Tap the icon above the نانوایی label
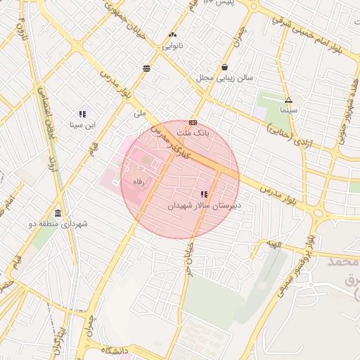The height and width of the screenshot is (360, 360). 173,34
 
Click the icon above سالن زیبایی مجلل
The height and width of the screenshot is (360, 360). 224,67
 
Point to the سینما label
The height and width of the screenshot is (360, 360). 288,111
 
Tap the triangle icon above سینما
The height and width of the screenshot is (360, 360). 288,100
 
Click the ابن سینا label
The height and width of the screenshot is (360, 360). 82,125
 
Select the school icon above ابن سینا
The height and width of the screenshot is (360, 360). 82,113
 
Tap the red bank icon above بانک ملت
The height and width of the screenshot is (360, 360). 193,122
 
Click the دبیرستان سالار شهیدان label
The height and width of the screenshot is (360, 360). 204,206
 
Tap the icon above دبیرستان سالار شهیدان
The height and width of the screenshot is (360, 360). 204,194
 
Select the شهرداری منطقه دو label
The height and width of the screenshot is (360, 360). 63,224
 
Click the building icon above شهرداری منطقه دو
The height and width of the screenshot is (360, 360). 58,213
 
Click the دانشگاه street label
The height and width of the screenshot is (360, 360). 117,350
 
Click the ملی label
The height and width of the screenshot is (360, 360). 140,112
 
